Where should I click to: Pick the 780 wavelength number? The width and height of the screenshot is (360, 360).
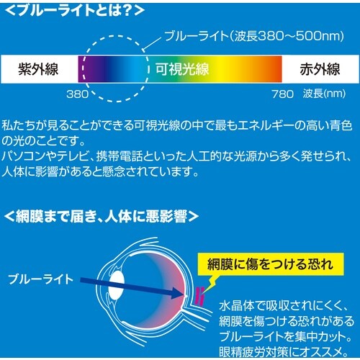coord(282,94)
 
